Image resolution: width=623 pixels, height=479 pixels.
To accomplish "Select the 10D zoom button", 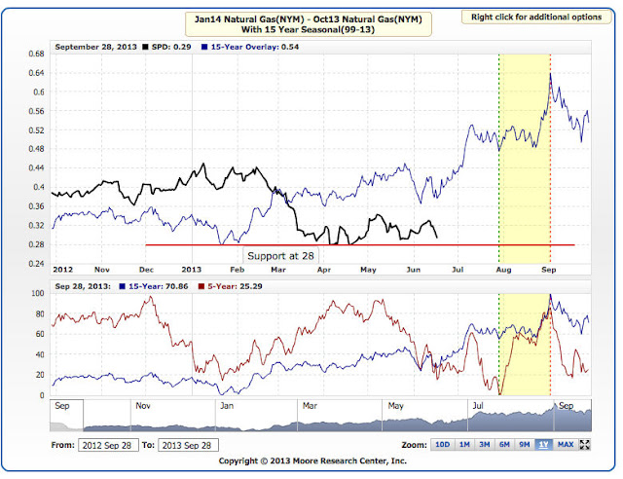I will [x=442, y=444].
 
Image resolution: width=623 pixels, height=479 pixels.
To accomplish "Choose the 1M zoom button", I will [x=465, y=444].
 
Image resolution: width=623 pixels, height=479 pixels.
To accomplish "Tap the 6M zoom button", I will [x=504, y=444].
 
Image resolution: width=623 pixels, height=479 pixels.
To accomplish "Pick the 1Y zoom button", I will [x=543, y=444].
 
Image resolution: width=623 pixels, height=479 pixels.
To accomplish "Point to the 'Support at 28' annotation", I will [x=279, y=255].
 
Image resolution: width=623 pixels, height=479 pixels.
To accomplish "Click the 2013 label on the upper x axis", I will [x=190, y=268].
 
